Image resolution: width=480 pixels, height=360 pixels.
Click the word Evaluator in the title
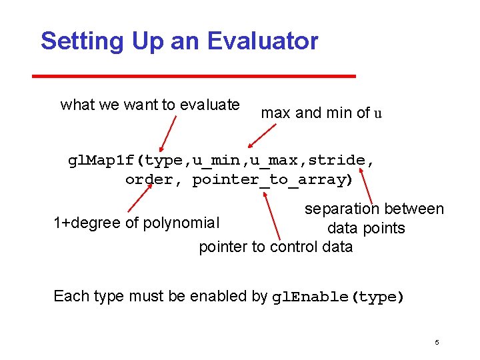point(263,41)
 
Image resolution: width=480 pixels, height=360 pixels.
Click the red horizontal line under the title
point(194,76)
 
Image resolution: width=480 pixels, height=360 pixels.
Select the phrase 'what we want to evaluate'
point(150,105)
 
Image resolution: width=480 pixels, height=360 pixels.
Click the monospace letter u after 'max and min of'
point(378,113)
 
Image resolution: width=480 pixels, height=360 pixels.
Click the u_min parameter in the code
point(212,161)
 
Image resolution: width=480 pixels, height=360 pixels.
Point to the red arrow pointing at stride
point(363,185)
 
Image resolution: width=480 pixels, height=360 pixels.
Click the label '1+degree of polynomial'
point(136,223)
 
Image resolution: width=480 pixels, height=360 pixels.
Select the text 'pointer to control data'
point(275,247)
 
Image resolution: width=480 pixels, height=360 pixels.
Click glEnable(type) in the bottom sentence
point(338,297)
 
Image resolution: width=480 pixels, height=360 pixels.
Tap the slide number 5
point(437,343)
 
